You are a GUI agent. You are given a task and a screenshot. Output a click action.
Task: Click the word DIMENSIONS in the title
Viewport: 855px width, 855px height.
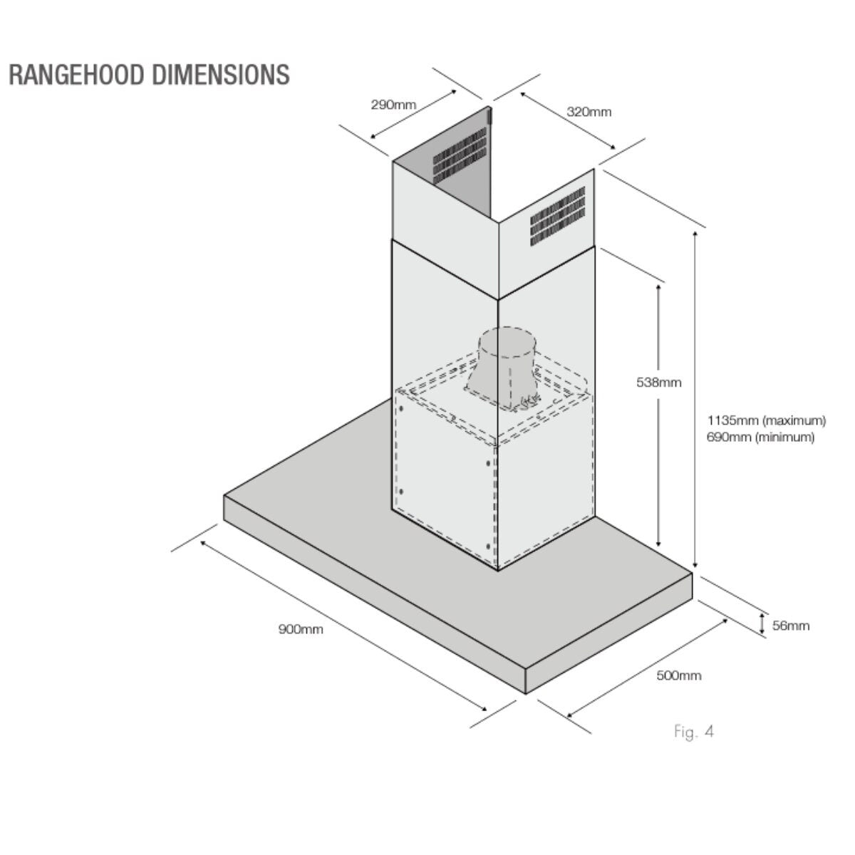click(x=221, y=75)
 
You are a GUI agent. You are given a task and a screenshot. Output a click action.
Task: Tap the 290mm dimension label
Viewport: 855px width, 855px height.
click(x=393, y=105)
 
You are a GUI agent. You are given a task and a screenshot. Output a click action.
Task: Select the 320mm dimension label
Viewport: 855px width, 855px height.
click(x=589, y=113)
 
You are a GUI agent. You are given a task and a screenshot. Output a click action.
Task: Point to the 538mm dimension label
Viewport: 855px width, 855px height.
click(x=658, y=383)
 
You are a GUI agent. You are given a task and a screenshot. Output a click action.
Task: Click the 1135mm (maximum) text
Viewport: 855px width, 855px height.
click(x=766, y=420)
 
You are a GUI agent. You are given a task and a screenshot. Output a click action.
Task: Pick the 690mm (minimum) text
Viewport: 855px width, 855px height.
click(x=760, y=437)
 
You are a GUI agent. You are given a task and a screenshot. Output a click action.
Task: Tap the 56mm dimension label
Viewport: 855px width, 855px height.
click(x=791, y=626)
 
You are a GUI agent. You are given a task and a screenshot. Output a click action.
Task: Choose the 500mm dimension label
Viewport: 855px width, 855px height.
click(x=679, y=675)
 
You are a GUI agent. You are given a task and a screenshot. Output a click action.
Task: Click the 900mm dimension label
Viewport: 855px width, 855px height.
click(x=301, y=630)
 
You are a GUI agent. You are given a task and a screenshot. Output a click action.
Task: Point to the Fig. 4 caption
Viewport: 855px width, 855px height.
click(x=694, y=732)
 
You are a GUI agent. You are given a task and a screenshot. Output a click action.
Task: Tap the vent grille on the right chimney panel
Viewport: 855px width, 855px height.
click(x=558, y=217)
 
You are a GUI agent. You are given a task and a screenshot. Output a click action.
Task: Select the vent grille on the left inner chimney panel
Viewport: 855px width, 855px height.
click(x=460, y=156)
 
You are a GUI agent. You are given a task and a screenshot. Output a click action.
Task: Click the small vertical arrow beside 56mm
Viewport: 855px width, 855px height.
click(x=762, y=623)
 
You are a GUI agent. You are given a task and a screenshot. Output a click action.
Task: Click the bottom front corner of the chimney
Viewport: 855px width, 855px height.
click(x=498, y=571)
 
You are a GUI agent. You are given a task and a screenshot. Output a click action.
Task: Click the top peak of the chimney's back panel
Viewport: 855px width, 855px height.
click(x=489, y=107)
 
